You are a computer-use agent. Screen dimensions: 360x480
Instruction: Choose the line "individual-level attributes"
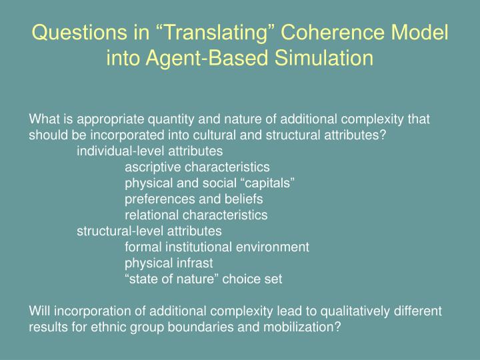coord(150,151)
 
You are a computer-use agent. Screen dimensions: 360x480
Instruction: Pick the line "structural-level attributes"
coord(149,231)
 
